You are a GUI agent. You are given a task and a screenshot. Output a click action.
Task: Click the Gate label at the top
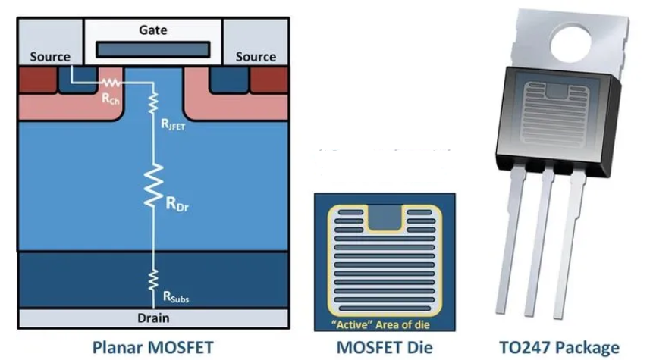tap(153, 30)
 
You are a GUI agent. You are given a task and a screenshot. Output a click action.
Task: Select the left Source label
tap(50, 57)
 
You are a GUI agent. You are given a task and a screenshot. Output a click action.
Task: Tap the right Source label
tap(256, 57)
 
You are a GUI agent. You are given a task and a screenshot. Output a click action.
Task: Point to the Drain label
tap(153, 316)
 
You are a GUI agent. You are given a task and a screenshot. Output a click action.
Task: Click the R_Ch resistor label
tap(110, 99)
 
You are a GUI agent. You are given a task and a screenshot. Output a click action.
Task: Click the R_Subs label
tap(176, 299)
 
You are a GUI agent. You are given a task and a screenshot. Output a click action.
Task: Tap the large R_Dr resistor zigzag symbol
tap(152, 186)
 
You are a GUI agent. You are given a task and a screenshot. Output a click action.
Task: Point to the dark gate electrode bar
tap(153, 49)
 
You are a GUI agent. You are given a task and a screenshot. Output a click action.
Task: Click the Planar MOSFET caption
tap(153, 347)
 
